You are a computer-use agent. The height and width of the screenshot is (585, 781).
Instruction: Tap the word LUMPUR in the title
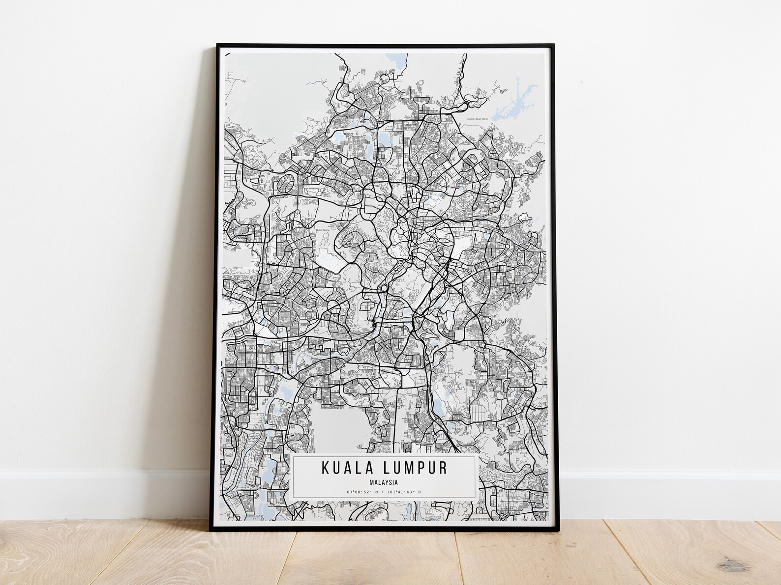413,468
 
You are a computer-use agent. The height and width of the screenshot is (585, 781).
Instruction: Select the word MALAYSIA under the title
383,482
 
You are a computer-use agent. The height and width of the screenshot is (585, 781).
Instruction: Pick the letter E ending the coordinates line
419,492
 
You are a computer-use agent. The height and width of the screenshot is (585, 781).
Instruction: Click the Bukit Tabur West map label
477,118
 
